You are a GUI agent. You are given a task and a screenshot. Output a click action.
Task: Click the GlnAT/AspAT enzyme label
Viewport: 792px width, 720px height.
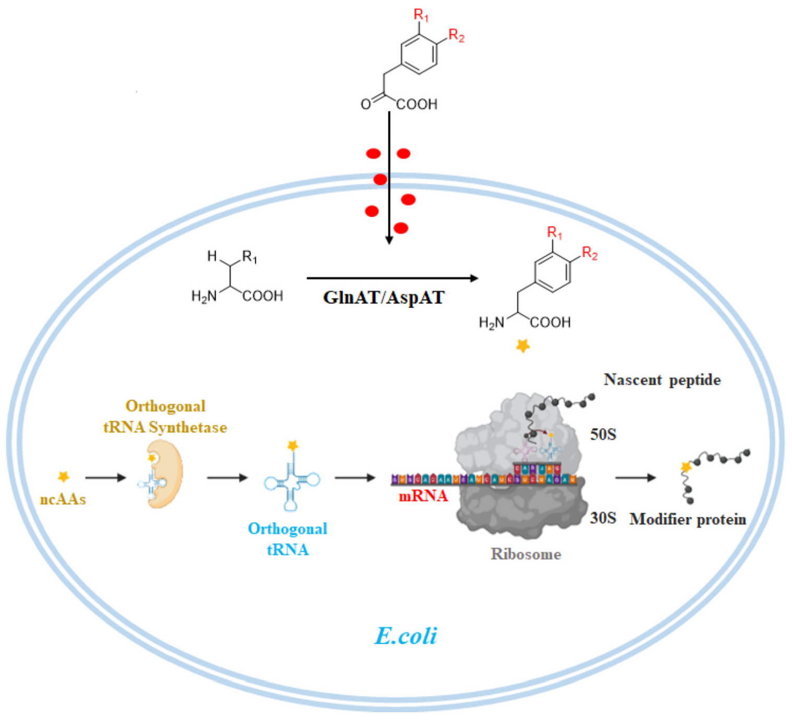click(x=384, y=298)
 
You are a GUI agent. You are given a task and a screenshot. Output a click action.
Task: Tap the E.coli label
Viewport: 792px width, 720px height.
click(x=406, y=635)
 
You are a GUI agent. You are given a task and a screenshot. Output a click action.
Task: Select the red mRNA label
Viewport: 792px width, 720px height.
click(x=423, y=496)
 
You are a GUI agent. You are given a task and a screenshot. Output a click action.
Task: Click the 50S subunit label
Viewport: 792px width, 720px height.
click(x=603, y=434)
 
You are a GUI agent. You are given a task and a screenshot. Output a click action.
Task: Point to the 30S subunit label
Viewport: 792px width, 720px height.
click(x=603, y=518)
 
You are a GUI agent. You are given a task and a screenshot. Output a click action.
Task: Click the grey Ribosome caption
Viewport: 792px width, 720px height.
click(x=526, y=554)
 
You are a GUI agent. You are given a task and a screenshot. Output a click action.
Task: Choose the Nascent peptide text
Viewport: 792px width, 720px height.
click(x=662, y=380)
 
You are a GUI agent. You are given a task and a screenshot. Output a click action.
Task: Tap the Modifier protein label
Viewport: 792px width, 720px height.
click(x=688, y=520)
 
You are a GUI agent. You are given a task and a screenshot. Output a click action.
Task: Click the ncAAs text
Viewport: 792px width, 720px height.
click(x=63, y=499)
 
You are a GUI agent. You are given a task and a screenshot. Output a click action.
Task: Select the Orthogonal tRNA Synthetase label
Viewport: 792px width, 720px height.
click(x=165, y=417)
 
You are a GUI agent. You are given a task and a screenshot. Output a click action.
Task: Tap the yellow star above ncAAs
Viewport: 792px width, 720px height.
click(x=63, y=476)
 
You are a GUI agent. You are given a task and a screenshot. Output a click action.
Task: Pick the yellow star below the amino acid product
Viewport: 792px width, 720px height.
click(x=523, y=346)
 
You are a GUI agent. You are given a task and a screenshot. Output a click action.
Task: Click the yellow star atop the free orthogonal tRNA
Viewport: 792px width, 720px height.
click(x=292, y=445)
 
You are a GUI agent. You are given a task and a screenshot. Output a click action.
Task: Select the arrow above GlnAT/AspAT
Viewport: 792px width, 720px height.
click(x=392, y=278)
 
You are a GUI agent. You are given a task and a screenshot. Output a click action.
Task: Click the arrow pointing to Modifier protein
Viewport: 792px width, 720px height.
click(x=635, y=477)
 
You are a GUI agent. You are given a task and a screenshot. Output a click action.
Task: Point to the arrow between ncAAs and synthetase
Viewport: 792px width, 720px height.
click(x=105, y=477)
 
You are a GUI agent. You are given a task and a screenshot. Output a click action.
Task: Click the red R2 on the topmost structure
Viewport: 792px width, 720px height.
click(x=456, y=36)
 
